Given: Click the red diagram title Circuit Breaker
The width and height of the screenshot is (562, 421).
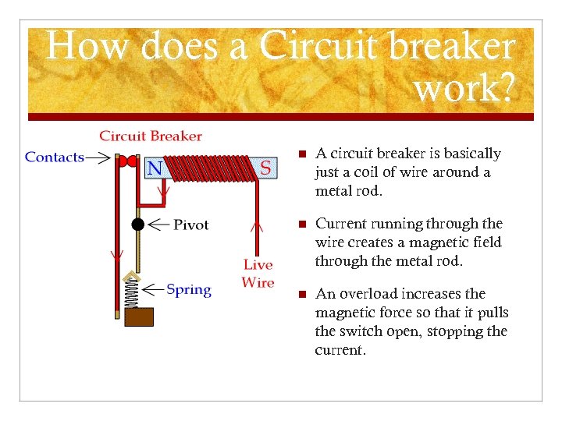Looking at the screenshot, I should (150, 136).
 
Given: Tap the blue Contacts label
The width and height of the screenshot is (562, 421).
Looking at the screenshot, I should (55, 157).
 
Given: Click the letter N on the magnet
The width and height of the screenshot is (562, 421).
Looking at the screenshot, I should (155, 168).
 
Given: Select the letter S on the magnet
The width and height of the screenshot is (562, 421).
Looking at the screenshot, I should (265, 167).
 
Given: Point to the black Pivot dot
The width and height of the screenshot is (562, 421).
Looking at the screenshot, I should (138, 225).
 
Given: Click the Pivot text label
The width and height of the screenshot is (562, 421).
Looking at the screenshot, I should (190, 225).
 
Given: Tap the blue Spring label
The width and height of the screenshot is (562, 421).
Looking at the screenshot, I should (189, 290).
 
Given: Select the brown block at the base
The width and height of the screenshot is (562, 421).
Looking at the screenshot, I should (139, 317).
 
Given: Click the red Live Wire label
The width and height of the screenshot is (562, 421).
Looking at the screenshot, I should (258, 274).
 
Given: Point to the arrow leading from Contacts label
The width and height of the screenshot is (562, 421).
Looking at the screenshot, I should (98, 157).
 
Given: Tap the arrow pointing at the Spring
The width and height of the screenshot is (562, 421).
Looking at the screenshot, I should (155, 290).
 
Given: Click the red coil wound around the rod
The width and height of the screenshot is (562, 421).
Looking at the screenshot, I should (211, 168).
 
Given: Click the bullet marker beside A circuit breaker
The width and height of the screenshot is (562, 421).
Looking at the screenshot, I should (301, 154).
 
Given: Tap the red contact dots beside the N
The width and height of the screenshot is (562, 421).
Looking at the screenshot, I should (126, 161).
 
